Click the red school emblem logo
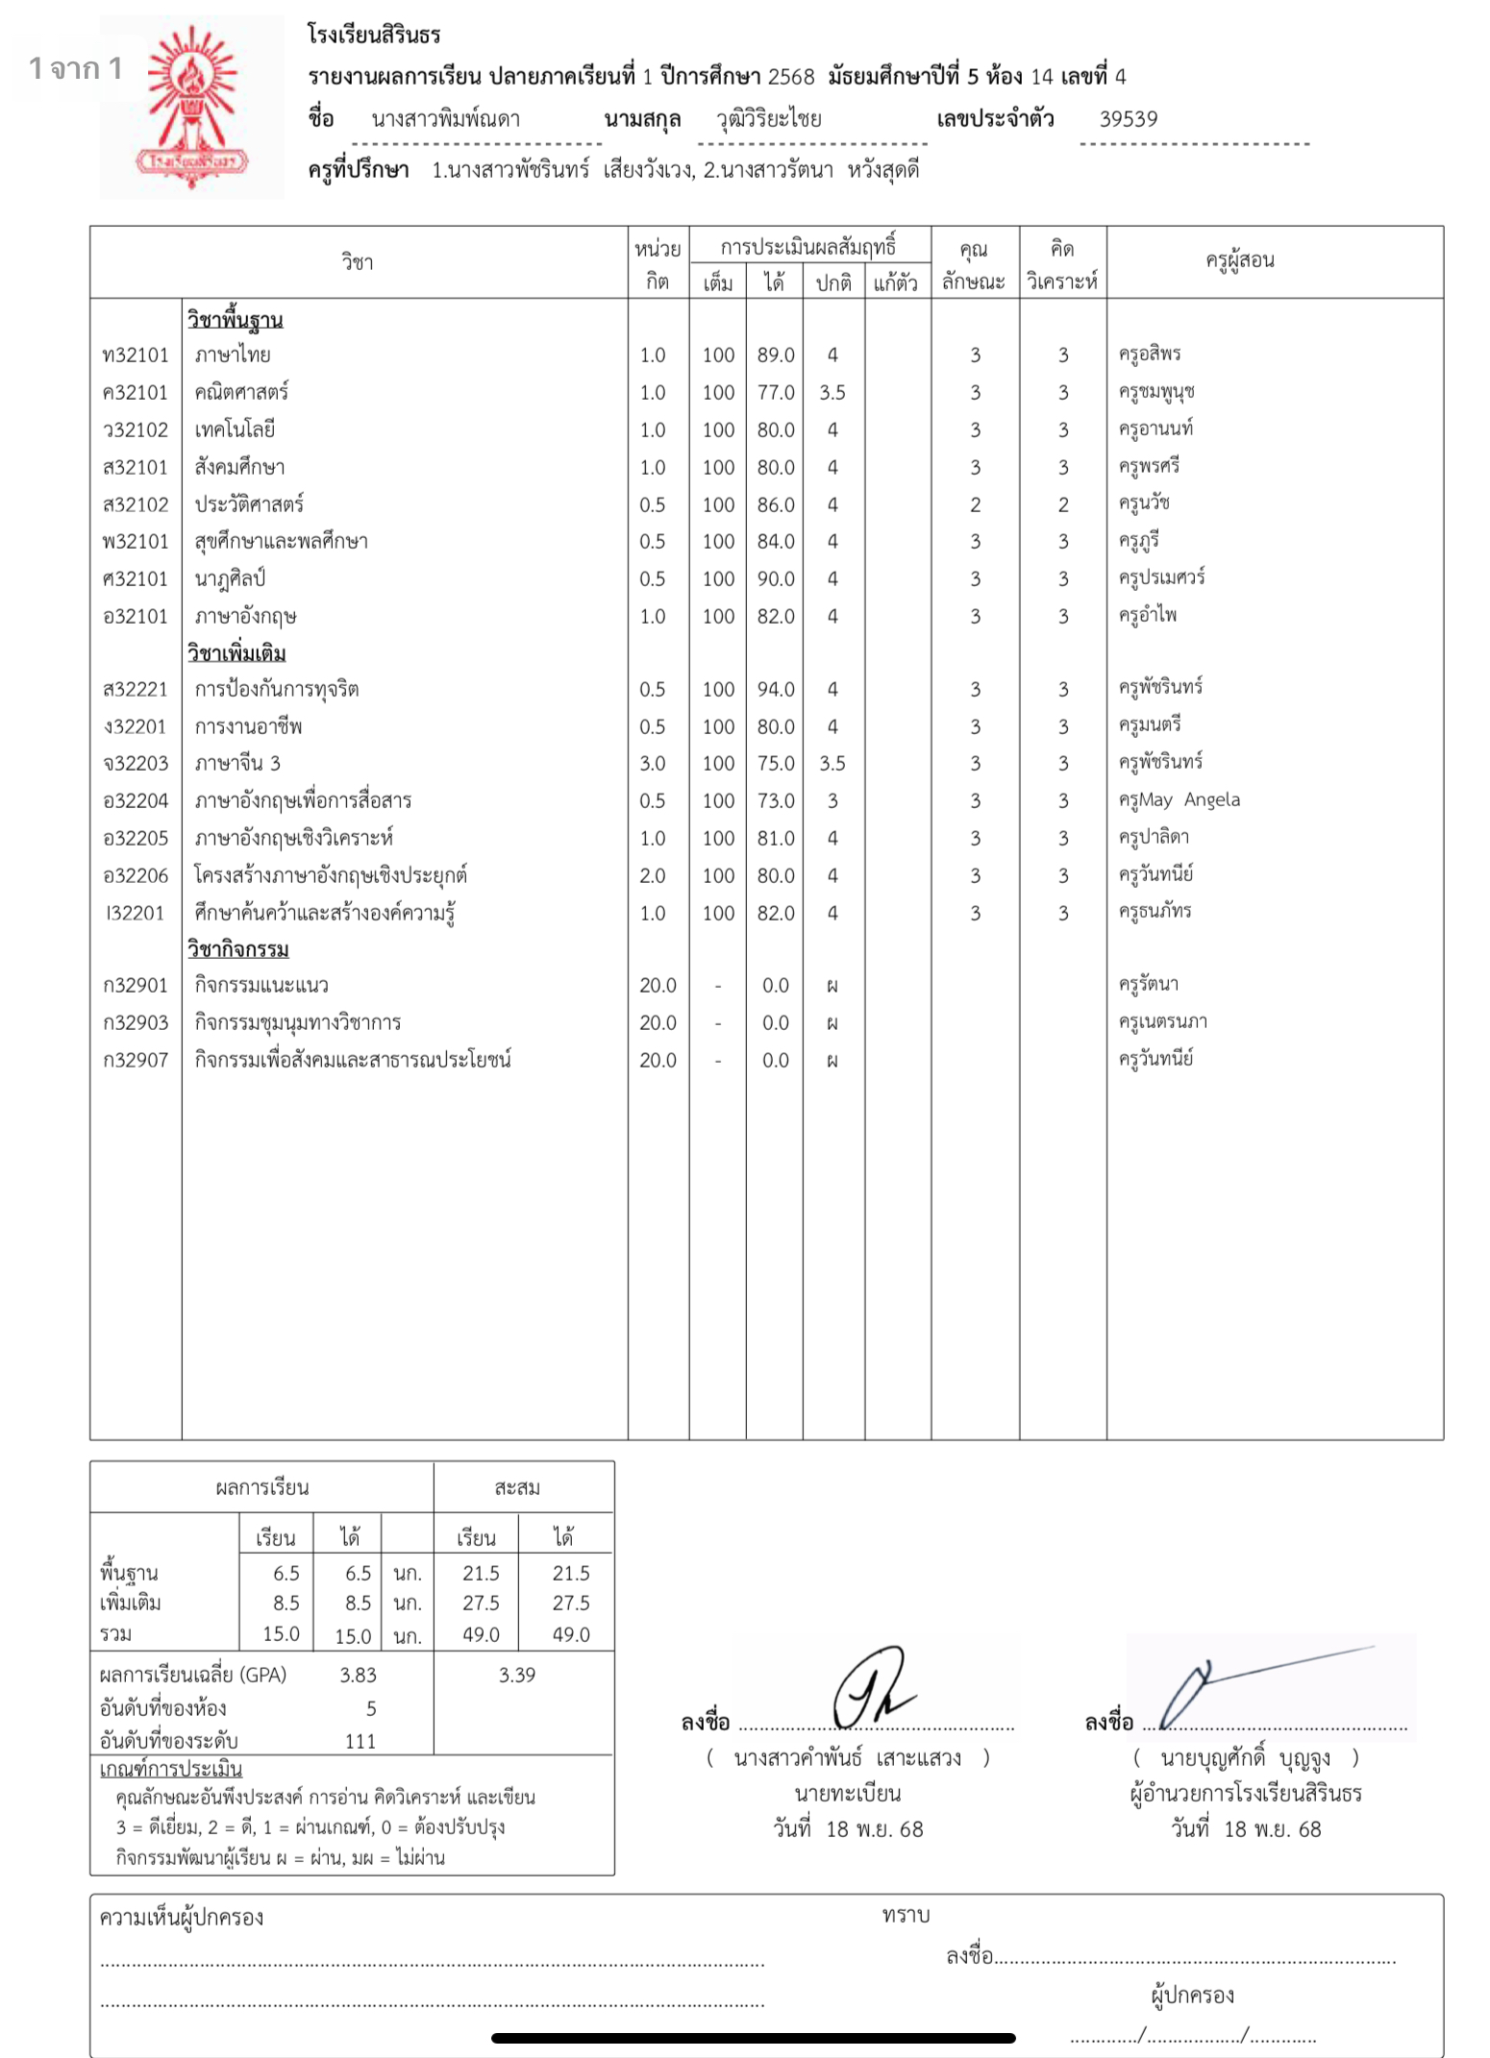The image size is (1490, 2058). coord(192,108)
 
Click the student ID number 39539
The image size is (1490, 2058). coord(1129,119)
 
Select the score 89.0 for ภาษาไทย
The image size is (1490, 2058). coord(775,355)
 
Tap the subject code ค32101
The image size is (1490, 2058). coord(136,393)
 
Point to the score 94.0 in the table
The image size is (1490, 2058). coord(775,690)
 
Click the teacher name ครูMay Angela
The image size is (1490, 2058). coord(1179,800)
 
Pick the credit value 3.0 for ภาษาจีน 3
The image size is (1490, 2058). coord(653,764)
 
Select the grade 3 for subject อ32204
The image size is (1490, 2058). coord(832,801)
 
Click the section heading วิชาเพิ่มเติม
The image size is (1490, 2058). coord(236,653)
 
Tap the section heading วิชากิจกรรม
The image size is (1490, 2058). coord(237,949)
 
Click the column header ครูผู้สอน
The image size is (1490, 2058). coord(1240,260)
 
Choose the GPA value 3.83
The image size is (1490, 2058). coord(358,1676)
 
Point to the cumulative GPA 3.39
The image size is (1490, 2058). coord(516,1676)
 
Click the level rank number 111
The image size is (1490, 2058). coord(360,1741)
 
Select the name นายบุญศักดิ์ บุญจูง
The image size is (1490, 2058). coord(1245,1758)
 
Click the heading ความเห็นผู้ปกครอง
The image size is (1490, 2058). coord(182,1919)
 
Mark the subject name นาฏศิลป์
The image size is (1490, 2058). coord(230,579)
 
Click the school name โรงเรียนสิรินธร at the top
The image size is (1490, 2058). coord(374,35)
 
